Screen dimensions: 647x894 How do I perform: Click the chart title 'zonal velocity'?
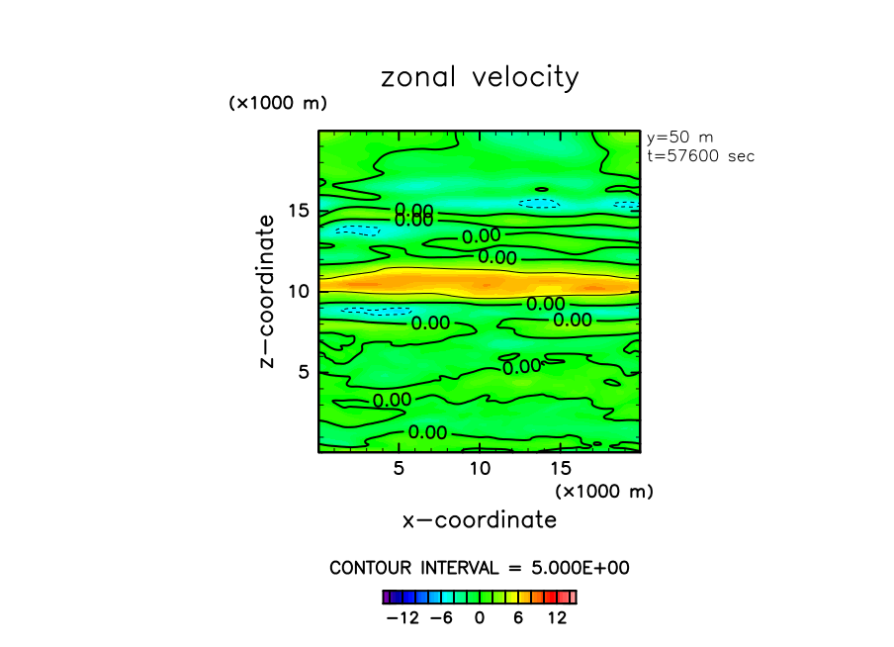point(480,78)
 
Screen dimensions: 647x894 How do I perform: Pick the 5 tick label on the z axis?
point(306,371)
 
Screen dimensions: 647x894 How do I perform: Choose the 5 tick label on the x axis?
point(399,468)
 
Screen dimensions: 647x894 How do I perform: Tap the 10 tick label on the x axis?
point(480,468)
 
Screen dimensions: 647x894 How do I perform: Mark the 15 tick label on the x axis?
point(560,468)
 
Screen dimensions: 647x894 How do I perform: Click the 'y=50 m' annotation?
point(679,138)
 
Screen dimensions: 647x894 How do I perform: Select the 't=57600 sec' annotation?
point(700,156)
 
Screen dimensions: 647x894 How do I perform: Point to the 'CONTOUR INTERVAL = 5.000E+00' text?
point(480,568)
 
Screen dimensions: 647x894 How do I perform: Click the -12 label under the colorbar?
point(402,618)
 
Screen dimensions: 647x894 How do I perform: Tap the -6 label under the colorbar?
point(442,618)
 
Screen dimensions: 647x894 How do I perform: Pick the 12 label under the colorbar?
point(557,618)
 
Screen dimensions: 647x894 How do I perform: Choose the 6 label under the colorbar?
point(518,618)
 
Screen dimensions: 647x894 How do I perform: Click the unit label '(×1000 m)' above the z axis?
point(277,103)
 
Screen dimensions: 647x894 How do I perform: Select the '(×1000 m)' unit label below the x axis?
point(604,491)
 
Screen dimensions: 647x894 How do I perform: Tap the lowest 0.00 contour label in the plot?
point(427,432)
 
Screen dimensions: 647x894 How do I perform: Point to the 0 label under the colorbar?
point(480,618)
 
